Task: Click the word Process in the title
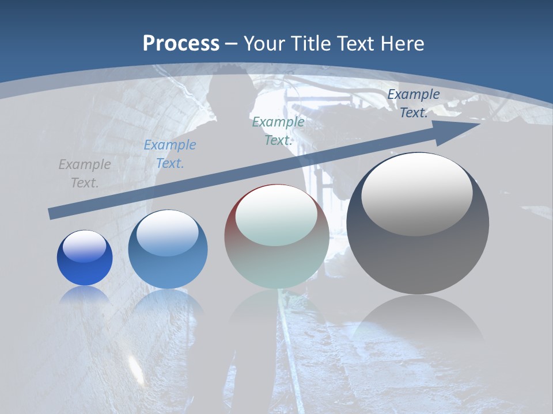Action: [x=181, y=44]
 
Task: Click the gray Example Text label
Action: [x=85, y=174]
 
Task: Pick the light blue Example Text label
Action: [x=170, y=154]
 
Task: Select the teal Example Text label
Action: [x=278, y=131]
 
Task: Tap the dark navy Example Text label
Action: [x=414, y=103]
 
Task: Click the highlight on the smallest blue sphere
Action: [x=85, y=246]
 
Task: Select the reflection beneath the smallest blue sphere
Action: [x=85, y=296]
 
